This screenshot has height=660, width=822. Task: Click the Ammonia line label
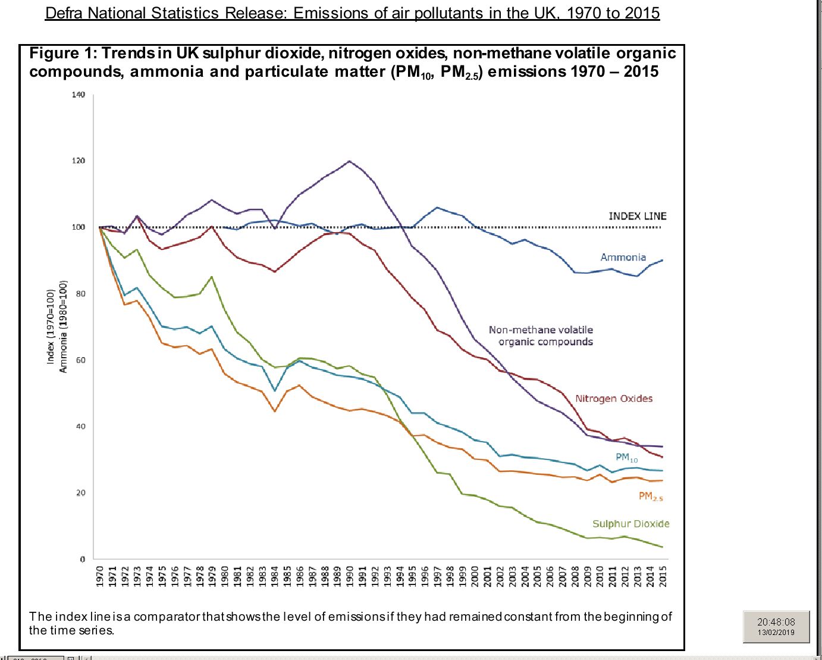623,257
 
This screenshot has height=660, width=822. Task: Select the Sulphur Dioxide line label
630,524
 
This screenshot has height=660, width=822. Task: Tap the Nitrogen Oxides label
613,399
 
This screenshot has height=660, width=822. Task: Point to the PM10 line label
626,458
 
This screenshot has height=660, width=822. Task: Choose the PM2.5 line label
650,496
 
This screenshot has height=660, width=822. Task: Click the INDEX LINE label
637,216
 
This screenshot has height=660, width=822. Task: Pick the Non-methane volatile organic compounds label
541,336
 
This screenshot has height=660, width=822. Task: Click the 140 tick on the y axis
79,95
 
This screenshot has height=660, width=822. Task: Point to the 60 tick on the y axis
80,360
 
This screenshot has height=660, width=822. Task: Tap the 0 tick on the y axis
83,559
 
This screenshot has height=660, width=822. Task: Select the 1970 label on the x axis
100,576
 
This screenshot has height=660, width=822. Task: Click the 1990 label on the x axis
350,576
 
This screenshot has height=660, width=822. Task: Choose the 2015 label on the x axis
663,576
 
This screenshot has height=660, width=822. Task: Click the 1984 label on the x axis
275,576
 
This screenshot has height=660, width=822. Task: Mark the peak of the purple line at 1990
349,161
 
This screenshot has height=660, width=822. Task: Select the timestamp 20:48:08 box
776,626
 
